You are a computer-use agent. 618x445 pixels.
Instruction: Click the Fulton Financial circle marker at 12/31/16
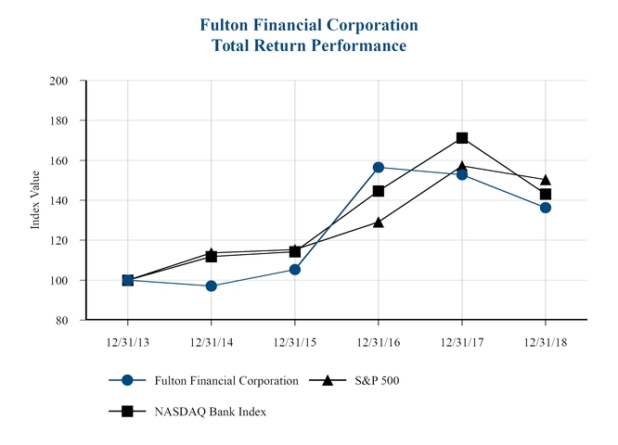click(x=379, y=168)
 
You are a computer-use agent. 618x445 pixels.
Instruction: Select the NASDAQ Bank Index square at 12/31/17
click(x=462, y=138)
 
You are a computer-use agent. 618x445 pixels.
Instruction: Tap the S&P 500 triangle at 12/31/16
click(x=379, y=222)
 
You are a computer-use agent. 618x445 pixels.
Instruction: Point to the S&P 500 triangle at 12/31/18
click(x=546, y=180)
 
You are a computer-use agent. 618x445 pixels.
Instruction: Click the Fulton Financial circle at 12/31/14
click(x=212, y=286)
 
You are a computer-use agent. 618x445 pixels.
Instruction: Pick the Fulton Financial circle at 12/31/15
click(x=295, y=270)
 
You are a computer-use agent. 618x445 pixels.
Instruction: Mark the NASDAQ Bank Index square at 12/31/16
click(x=379, y=191)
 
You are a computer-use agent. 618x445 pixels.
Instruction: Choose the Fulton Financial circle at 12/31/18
click(x=546, y=208)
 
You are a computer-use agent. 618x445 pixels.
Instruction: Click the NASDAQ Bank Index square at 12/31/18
click(x=546, y=194)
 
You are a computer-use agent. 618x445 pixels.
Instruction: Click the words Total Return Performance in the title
click(x=309, y=44)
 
